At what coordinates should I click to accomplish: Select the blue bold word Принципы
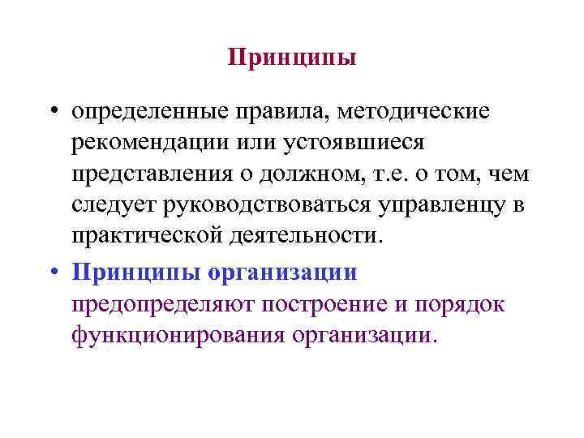[x=134, y=272]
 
